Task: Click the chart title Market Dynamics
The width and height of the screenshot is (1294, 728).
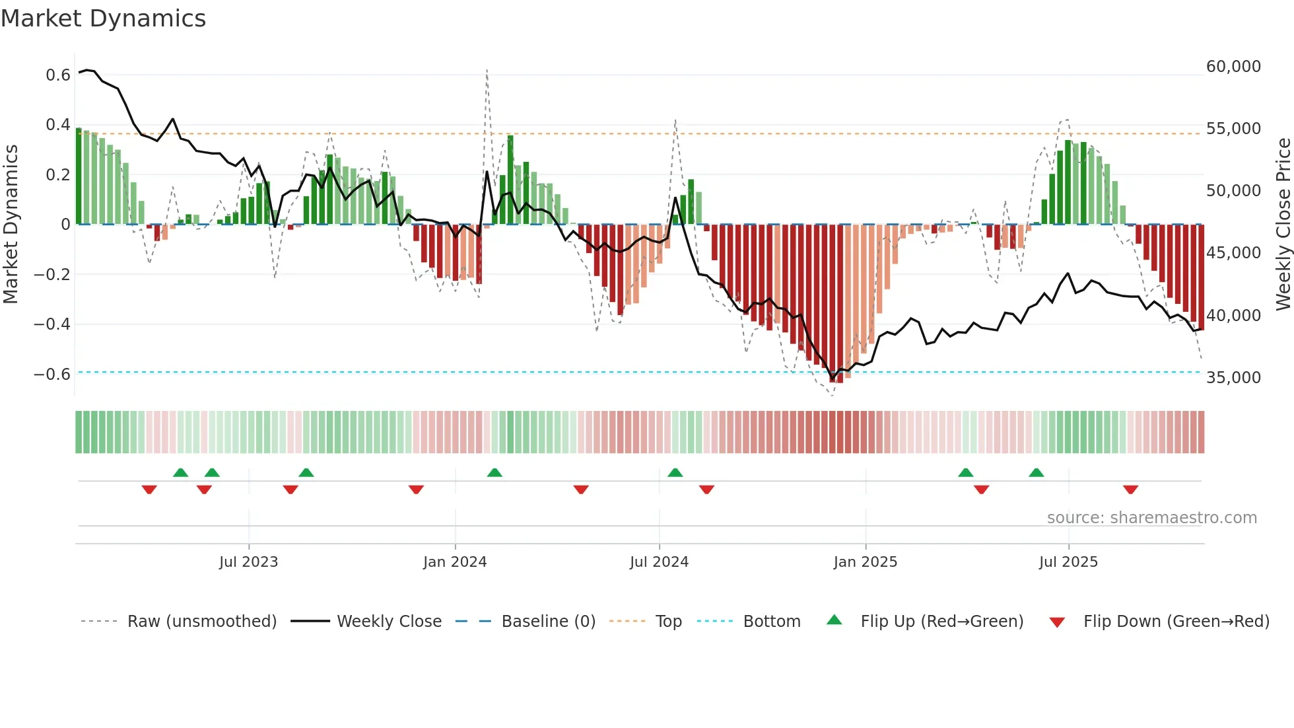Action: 104,18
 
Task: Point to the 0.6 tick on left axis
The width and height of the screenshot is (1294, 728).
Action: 58,75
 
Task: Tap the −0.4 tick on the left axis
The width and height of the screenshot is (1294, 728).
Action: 52,324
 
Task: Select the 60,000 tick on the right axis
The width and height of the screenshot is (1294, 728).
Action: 1233,67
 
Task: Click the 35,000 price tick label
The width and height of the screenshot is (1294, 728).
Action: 1233,378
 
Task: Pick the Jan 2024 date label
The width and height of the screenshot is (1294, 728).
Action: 455,562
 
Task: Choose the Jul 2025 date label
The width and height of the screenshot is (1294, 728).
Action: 1068,562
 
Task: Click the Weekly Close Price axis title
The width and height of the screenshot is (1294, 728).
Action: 1283,225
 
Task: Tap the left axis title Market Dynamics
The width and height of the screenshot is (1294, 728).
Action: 11,225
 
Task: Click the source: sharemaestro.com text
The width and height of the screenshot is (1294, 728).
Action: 1151,518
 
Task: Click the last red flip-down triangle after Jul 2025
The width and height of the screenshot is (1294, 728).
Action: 1130,490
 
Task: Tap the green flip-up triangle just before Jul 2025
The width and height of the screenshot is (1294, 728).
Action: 1036,473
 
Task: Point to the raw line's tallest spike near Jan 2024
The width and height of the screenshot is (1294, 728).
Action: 487,70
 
